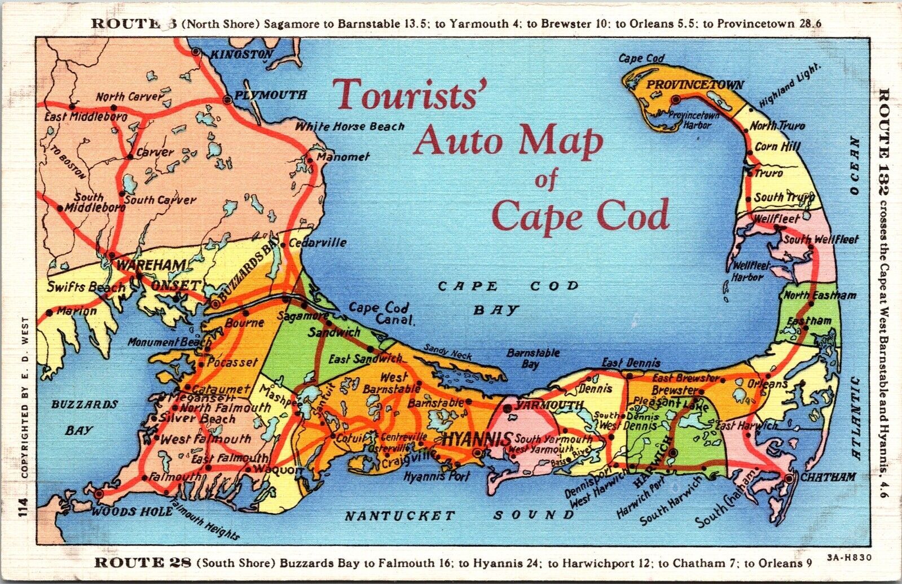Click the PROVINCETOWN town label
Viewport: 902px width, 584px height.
coord(694,85)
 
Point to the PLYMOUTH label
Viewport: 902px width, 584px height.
coord(270,95)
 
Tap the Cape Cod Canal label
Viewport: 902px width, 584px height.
coord(381,315)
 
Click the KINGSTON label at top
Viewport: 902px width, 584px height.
coord(241,55)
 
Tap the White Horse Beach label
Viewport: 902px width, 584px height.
coord(350,126)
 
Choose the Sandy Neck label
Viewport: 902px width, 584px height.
coord(448,352)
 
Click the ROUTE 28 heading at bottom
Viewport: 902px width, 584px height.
coord(143,563)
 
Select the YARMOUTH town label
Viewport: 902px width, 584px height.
coord(549,405)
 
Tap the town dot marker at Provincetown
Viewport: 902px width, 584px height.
coord(675,99)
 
